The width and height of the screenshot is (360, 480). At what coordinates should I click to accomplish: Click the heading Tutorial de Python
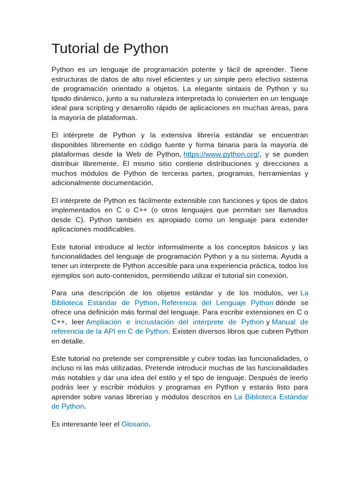pos(110,49)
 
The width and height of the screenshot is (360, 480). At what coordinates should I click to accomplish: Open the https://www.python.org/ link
pos(221,154)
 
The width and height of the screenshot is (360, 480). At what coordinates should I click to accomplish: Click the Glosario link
pos(135,424)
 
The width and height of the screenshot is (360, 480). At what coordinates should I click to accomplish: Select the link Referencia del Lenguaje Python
pos(217,303)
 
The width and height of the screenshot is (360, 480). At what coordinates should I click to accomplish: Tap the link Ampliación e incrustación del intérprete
pos(175,322)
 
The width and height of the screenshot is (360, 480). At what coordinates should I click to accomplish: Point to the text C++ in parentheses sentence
pos(142,210)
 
